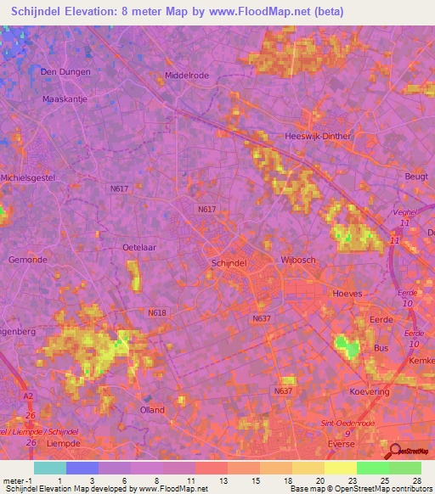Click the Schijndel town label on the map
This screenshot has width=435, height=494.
point(228,264)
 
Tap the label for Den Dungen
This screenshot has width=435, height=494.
point(65,72)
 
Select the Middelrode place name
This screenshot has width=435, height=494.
point(186,75)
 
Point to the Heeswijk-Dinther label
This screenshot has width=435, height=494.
point(319,135)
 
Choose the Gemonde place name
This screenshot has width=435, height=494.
point(27,259)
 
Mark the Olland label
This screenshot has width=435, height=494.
point(152,409)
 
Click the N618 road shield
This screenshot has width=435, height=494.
point(156,312)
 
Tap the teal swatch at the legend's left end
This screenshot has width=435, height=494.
point(49,468)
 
